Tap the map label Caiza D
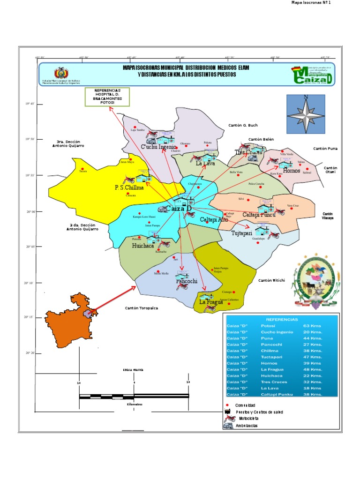point(179,208)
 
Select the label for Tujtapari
point(241,233)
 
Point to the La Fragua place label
point(209,302)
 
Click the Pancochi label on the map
point(187,281)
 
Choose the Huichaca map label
point(143,245)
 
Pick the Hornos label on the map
point(291,171)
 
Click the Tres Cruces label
point(248,152)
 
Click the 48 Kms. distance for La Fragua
point(312,369)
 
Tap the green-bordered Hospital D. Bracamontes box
point(107,96)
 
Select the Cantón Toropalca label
point(141,308)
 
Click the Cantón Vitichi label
point(271,280)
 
